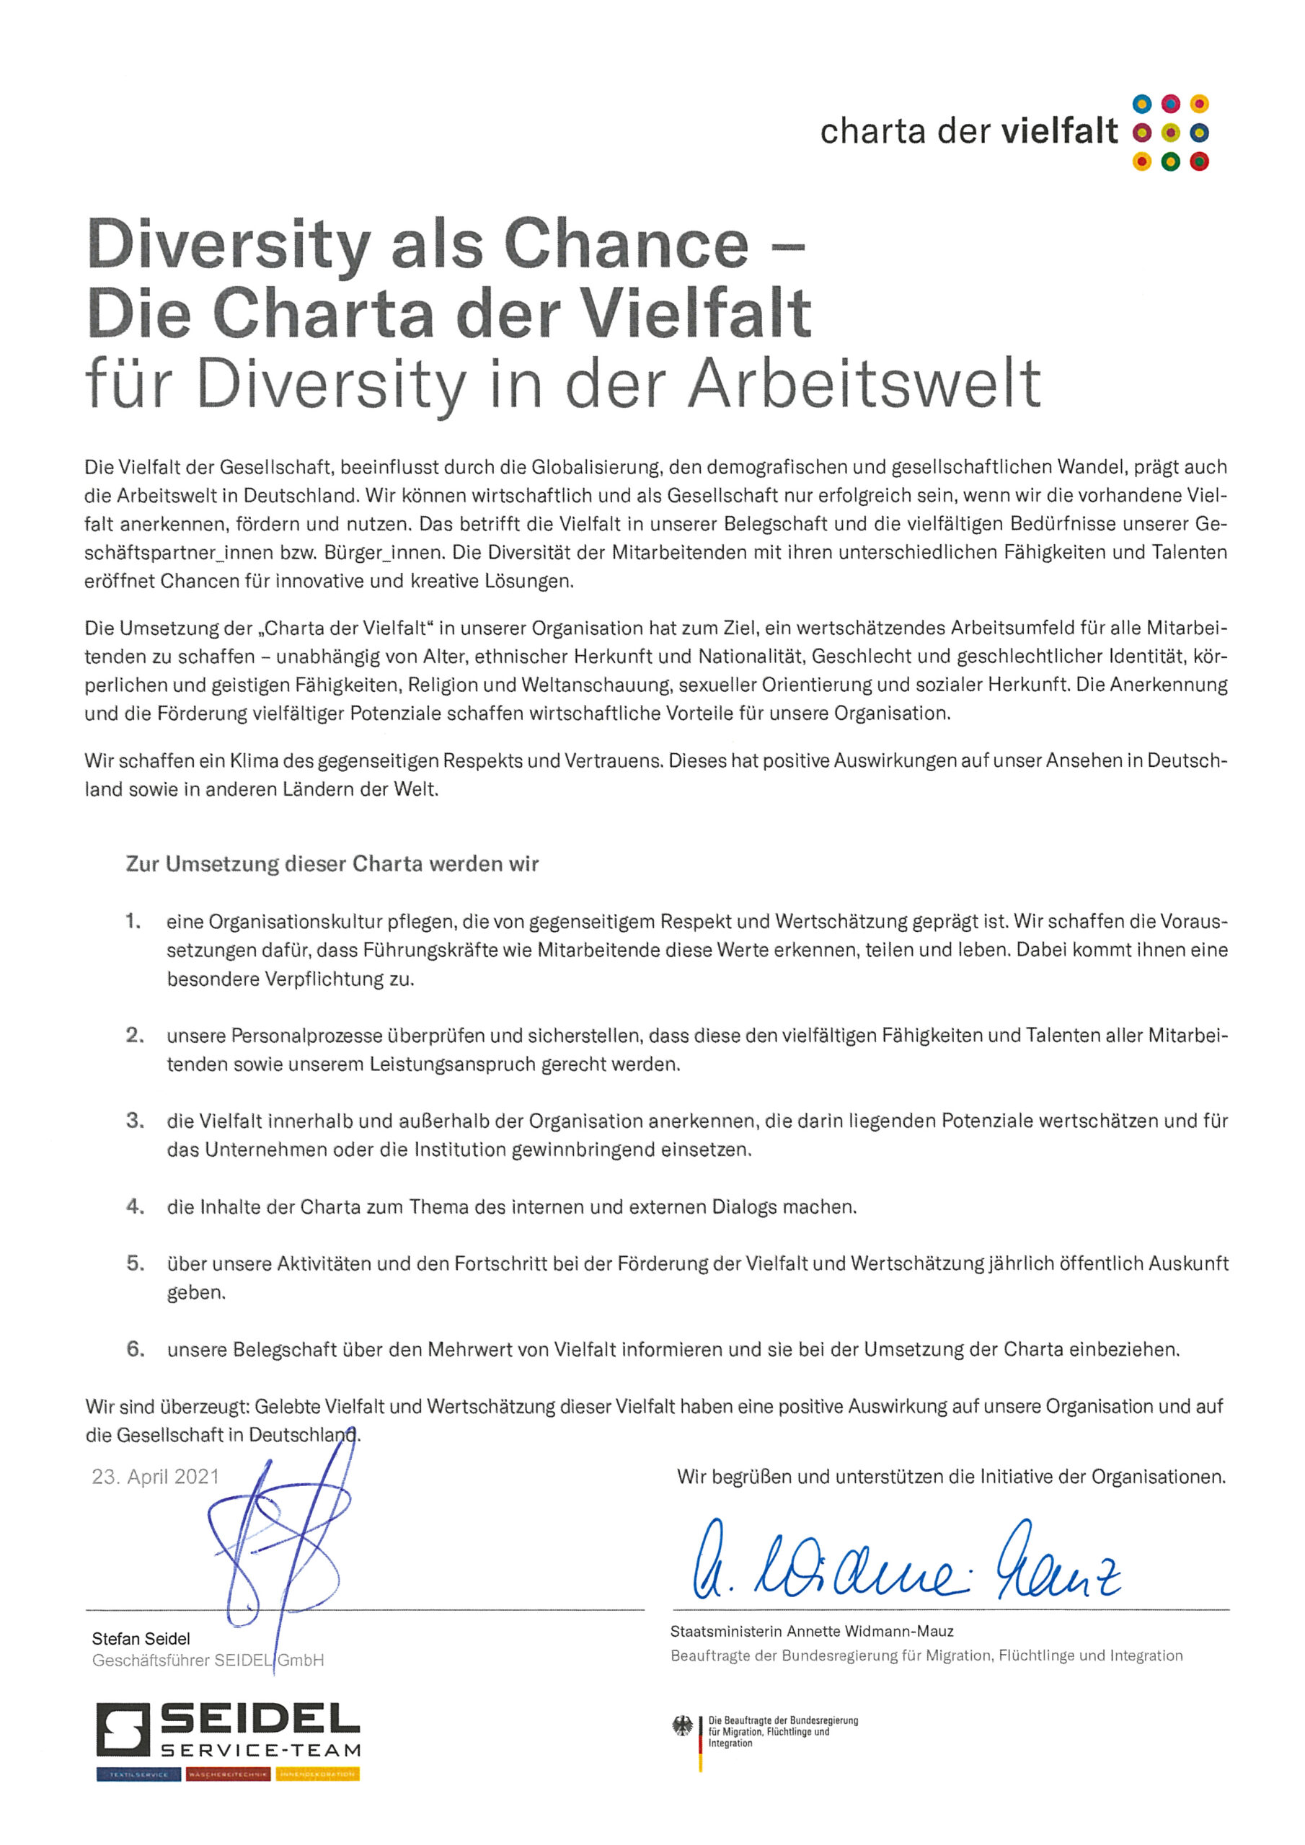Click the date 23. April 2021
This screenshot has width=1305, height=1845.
pyautogui.click(x=155, y=1477)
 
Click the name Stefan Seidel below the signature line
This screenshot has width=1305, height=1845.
pyautogui.click(x=141, y=1638)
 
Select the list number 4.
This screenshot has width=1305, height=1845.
pyautogui.click(x=135, y=1206)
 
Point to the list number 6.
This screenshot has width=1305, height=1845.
pyautogui.click(x=135, y=1349)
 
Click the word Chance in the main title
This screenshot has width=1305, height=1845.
pyautogui.click(x=627, y=244)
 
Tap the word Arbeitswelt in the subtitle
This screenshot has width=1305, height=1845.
pyautogui.click(x=864, y=384)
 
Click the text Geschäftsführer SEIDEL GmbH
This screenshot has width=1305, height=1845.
pyautogui.click(x=208, y=1660)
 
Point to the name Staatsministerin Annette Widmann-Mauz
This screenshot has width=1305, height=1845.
pyautogui.click(x=812, y=1631)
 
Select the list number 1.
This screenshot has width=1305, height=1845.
pyautogui.click(x=133, y=921)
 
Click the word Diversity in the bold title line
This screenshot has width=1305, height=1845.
pyautogui.click(x=229, y=244)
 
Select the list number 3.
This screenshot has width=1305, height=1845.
pyautogui.click(x=135, y=1120)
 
